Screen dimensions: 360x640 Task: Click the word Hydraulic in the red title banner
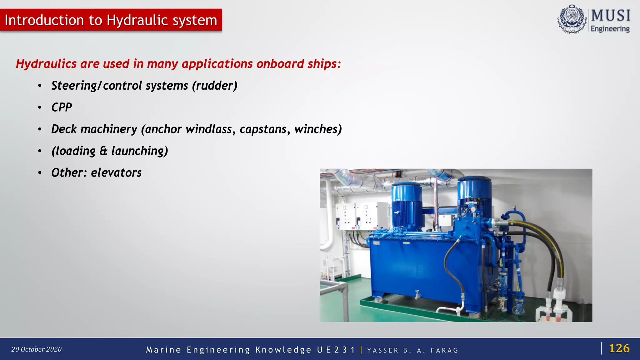137,20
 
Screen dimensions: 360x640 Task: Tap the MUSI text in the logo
611,16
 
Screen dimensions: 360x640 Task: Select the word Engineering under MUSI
610,29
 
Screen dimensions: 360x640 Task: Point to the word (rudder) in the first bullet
215,86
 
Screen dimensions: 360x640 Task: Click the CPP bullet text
62,107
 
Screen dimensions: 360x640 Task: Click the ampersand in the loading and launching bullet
103,151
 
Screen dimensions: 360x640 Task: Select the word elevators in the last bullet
116,172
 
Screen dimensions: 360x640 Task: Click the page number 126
619,348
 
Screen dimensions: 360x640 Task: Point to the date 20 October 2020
37,349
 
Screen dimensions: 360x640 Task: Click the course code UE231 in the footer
336,350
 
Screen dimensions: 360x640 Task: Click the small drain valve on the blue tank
417,294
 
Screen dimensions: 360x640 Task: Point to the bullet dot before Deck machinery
40,129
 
